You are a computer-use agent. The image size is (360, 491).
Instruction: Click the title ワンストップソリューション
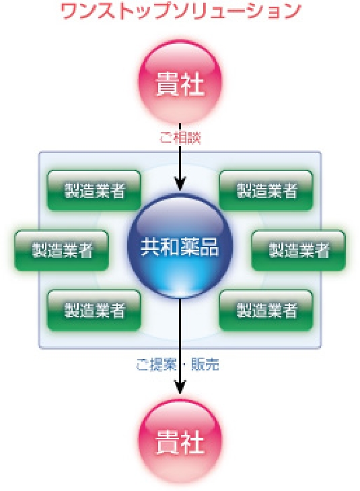pos(180,11)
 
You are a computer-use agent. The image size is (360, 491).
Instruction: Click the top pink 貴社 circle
pos(180,82)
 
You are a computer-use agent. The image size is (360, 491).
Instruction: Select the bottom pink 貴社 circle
pos(180,442)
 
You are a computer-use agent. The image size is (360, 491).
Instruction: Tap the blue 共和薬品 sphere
pos(180,246)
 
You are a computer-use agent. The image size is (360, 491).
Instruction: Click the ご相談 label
pos(180,138)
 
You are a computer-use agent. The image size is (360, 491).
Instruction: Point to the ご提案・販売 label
pos(178,364)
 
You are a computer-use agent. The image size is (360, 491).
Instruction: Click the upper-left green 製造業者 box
pos(94,191)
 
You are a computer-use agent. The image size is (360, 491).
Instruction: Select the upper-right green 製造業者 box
pos(266,191)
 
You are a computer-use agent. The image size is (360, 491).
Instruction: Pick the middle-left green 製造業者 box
pos(62,250)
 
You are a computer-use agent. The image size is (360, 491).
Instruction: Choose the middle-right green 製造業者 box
pos(298,250)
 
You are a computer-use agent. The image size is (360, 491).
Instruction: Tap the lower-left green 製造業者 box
pos(94,310)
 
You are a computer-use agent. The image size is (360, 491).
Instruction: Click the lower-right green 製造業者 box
pos(266,310)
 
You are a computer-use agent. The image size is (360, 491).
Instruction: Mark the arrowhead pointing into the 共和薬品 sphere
pos(180,183)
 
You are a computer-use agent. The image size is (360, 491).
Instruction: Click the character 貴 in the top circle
pos(168,84)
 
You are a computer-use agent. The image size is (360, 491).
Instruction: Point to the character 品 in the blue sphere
pos(209,247)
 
